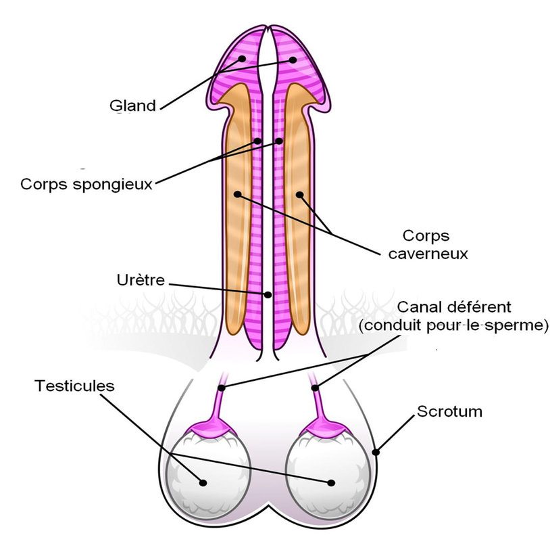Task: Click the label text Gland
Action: tap(132, 106)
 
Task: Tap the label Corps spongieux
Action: tap(86, 183)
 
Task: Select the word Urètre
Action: tap(140, 279)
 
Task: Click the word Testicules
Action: tap(74, 386)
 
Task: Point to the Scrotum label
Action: tap(449, 411)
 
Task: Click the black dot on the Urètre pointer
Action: tap(268, 294)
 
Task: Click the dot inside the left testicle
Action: tap(203, 482)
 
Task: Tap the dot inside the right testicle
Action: tap(331, 482)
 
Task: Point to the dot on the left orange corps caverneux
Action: tap(237, 194)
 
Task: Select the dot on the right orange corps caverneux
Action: tap(299, 195)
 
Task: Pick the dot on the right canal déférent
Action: tap(316, 388)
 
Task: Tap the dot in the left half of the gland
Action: tap(241, 59)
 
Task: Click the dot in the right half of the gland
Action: tap(294, 59)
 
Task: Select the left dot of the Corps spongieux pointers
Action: tap(257, 141)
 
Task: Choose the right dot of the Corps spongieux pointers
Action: tap(278, 141)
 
